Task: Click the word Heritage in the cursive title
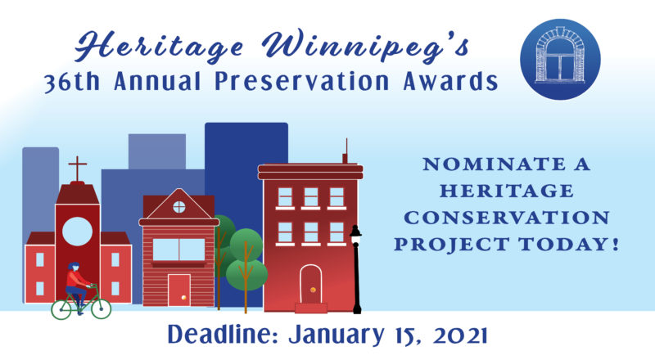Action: (159, 47)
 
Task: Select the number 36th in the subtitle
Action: (72, 82)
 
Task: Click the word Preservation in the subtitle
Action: (302, 81)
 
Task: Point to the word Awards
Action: (450, 81)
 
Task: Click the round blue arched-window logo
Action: (560, 59)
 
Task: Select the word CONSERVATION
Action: (507, 218)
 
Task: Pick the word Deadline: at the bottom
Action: (223, 335)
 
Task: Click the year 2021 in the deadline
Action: (460, 335)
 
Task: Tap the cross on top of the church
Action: (78, 169)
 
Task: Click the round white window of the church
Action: (77, 232)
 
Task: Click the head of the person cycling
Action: (74, 267)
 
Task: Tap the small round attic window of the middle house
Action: (179, 207)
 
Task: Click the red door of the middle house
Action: (179, 290)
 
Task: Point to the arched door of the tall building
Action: (311, 284)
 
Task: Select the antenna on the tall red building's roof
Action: (346, 151)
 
